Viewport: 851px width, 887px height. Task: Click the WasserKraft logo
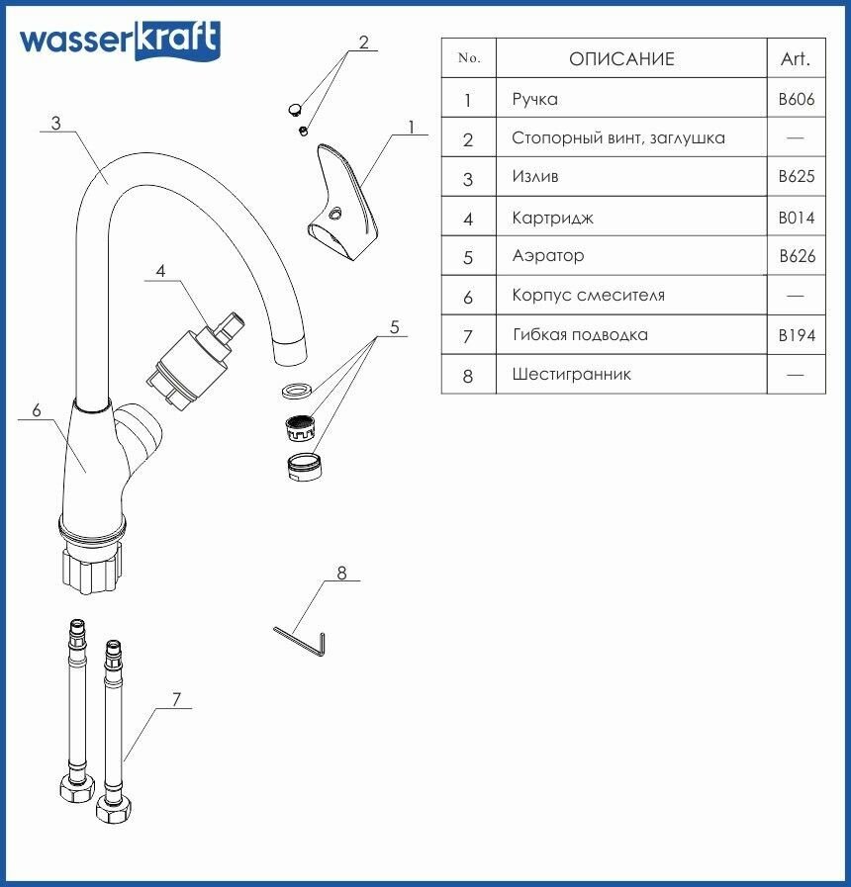click(120, 41)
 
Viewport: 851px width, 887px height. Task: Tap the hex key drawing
click(302, 640)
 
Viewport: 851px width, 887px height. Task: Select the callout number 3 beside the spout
click(56, 124)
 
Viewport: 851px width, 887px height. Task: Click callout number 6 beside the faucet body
click(37, 410)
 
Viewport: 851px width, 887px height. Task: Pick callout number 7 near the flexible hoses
click(175, 699)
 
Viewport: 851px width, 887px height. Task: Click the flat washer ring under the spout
click(297, 389)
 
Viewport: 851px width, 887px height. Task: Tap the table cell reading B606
click(797, 99)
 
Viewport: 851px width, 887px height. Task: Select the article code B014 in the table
click(797, 218)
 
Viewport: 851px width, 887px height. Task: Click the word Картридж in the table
click(552, 218)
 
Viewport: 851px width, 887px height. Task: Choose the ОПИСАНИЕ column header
click(621, 59)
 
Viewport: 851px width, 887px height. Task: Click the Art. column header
click(796, 59)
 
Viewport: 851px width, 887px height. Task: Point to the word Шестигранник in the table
click(571, 375)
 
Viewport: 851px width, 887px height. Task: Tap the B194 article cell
click(797, 335)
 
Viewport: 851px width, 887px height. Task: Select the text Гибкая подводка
click(580, 335)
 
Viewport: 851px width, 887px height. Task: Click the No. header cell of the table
click(469, 58)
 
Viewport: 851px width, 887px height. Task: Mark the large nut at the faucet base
click(93, 568)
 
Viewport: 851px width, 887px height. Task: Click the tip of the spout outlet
click(289, 352)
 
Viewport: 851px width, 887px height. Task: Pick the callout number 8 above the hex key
click(341, 573)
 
